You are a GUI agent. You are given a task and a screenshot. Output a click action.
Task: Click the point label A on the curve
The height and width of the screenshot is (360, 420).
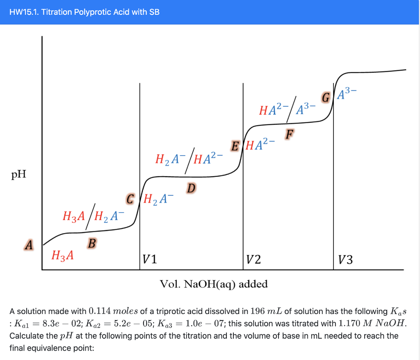(28, 245)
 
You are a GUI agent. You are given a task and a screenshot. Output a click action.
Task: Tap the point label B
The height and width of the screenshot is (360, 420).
(92, 243)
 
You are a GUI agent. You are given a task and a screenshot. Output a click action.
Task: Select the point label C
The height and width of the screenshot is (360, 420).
(131, 200)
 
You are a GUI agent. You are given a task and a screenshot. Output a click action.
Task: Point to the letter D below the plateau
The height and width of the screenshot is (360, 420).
(191, 188)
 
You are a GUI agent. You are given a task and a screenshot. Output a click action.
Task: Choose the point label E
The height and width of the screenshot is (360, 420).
(235, 145)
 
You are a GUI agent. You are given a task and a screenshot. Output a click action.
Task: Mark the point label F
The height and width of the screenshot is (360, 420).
(290, 134)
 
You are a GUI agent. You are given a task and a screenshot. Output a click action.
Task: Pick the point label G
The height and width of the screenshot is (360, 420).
(326, 98)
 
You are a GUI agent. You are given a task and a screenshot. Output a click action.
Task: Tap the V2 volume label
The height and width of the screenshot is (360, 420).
(252, 259)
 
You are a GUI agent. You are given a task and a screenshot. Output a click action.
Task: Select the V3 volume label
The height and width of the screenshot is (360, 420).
(345, 259)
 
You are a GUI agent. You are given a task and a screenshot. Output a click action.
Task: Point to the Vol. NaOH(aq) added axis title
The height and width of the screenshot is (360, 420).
(214, 284)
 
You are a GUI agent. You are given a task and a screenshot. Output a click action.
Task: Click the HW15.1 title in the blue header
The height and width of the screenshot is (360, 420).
(84, 12)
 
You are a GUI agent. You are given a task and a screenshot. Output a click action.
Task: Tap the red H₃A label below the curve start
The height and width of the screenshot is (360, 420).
(63, 255)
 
